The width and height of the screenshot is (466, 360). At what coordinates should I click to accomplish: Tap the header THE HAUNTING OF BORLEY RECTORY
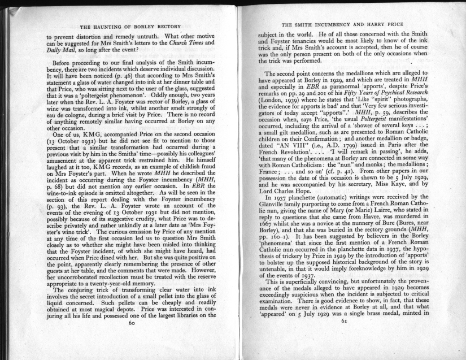pos(130,27)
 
